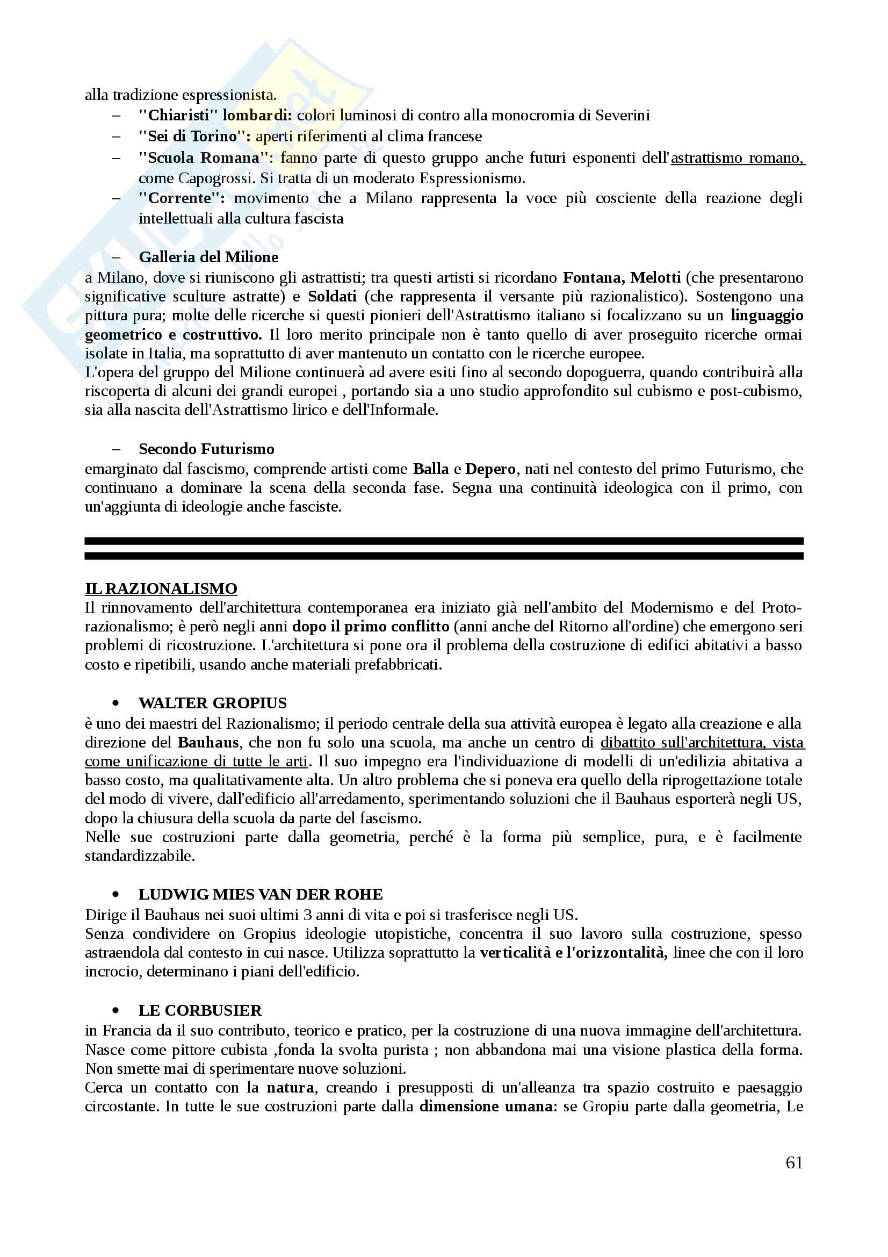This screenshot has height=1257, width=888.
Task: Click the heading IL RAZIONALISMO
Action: coord(161,588)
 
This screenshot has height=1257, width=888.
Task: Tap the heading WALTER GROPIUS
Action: coord(212,702)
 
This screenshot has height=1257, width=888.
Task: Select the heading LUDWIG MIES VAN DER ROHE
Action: coord(261,894)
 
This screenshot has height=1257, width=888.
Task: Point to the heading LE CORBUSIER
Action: coord(200,1010)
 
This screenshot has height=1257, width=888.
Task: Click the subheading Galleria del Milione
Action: coord(208,257)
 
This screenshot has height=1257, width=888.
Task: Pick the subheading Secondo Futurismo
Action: coord(206,448)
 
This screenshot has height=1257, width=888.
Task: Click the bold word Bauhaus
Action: coord(208,742)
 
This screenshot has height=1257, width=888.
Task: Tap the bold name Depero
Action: coord(490,469)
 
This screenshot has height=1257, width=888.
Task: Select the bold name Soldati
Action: coord(332,296)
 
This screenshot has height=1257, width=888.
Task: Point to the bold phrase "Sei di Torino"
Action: coord(194,136)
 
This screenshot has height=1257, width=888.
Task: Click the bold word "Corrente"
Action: coord(181,198)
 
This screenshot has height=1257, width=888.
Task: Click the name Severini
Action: coord(622,115)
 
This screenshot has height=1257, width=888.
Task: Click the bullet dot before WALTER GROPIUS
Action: coord(115,703)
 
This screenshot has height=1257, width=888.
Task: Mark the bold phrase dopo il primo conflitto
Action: coord(371,626)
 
